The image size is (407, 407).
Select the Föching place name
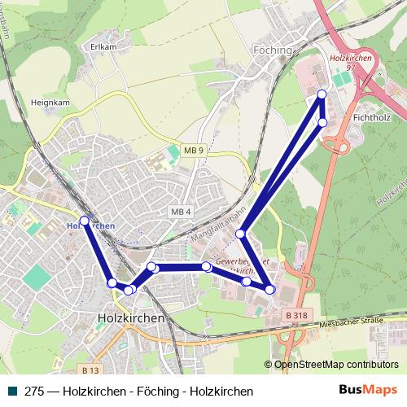coord(272,50)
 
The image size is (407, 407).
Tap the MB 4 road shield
coord(181,212)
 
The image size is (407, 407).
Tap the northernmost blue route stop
coord(322,94)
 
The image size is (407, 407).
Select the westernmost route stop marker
coord(84,220)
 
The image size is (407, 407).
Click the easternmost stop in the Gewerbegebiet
coord(270,289)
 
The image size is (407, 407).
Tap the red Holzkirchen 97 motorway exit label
coord(350,63)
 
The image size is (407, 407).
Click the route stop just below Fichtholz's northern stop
coord(322,122)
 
